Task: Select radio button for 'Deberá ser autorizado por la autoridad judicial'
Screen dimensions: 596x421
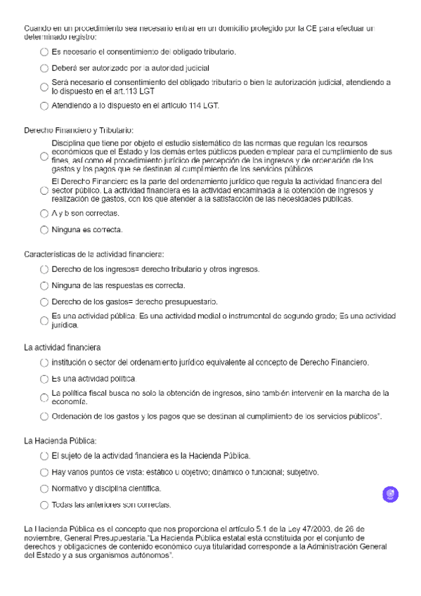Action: pyautogui.click(x=45, y=69)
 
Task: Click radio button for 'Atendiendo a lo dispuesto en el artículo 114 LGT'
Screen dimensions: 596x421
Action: pyautogui.click(x=45, y=106)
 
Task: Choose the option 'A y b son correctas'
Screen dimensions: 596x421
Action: pyautogui.click(x=45, y=213)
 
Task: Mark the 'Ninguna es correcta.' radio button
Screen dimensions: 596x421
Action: pyautogui.click(x=45, y=230)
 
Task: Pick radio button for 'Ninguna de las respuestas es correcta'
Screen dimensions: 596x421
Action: pyautogui.click(x=45, y=285)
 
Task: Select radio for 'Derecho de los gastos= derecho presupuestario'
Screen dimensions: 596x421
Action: pyautogui.click(x=45, y=302)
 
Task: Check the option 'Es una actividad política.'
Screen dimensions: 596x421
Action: pyautogui.click(x=45, y=378)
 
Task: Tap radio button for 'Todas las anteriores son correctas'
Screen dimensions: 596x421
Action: pyautogui.click(x=45, y=505)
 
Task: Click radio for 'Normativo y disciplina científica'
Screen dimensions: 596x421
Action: pyautogui.click(x=45, y=488)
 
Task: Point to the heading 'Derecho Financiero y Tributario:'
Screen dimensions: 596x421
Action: pyautogui.click(x=79, y=130)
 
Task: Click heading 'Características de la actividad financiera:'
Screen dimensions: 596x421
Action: pyautogui.click(x=93, y=253)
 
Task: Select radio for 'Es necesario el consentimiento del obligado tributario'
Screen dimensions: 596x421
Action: pyautogui.click(x=45, y=53)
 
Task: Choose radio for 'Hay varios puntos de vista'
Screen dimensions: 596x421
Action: pyautogui.click(x=45, y=472)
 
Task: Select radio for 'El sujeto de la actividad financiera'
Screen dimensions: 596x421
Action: pyautogui.click(x=45, y=455)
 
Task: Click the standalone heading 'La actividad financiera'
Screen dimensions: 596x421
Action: pyautogui.click(x=63, y=346)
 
